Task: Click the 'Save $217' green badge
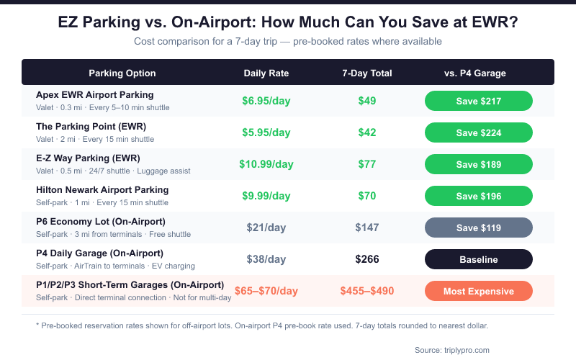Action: click(478, 101)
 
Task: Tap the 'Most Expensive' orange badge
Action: click(478, 291)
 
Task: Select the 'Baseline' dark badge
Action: click(478, 259)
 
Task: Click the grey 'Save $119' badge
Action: click(478, 228)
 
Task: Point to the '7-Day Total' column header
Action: click(367, 73)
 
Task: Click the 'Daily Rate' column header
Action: click(266, 73)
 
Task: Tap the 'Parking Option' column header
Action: click(122, 73)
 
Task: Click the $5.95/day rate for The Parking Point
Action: click(266, 132)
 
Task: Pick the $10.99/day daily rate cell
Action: click(266, 164)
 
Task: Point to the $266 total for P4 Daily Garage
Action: click(367, 259)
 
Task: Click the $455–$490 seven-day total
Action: click(367, 291)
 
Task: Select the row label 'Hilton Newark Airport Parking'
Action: click(102, 190)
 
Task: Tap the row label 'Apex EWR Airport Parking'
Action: click(95, 95)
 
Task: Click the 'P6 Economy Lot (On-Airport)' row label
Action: click(101, 221)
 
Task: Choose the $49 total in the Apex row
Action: click(367, 101)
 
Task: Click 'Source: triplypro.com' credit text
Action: click(452, 350)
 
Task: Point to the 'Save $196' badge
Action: click(478, 196)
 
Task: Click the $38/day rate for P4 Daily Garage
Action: click(266, 259)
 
